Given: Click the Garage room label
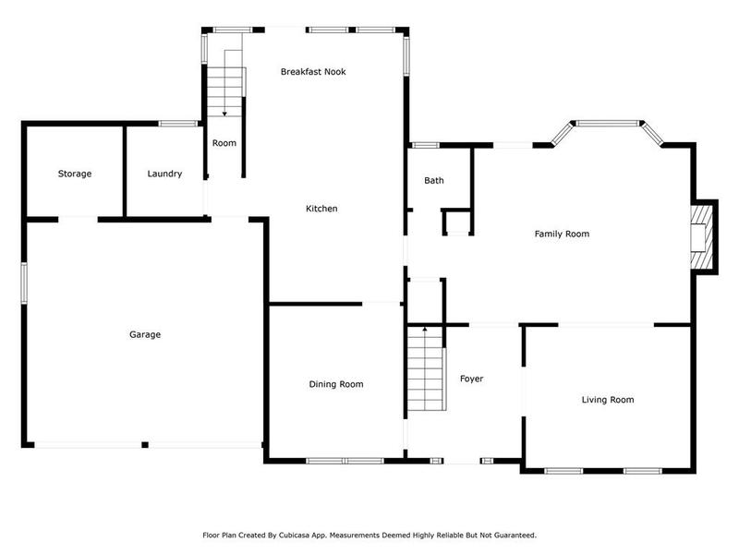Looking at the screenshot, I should click(144, 334).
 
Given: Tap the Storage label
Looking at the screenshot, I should click(74, 174).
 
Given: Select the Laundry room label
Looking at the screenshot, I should click(164, 174).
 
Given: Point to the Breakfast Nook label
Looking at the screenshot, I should click(313, 71).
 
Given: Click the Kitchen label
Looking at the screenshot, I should click(321, 209).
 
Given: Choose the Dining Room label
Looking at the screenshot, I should click(335, 384).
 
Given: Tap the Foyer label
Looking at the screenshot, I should click(471, 379).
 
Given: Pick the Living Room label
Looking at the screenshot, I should click(607, 400).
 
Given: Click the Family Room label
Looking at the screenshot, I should click(562, 234).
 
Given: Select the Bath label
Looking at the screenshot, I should click(434, 180).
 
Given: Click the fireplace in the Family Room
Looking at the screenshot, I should click(703, 237).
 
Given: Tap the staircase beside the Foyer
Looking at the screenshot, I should click(425, 374).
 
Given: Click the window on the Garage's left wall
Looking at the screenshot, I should click(25, 282).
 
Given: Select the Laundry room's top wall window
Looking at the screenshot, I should click(174, 124).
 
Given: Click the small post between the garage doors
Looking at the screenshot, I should click(145, 445).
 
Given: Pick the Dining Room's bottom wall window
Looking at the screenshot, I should click(345, 460).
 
